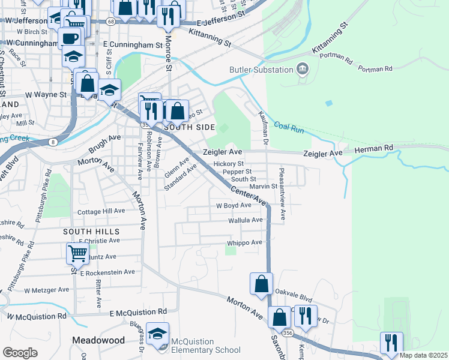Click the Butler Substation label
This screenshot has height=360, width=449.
point(260,69)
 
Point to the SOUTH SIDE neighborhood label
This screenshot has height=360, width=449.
point(189,127)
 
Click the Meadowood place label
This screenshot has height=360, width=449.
point(98,340)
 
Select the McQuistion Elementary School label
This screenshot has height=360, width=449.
point(206,346)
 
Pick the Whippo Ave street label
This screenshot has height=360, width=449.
point(245,242)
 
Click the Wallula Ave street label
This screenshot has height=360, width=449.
point(246,220)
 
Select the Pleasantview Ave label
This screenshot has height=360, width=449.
point(282,193)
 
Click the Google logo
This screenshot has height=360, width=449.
point(20,353)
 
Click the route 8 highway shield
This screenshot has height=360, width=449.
point(53,142)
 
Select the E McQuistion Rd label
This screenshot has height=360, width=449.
point(139,313)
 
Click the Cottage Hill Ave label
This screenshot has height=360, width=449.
point(101,211)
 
